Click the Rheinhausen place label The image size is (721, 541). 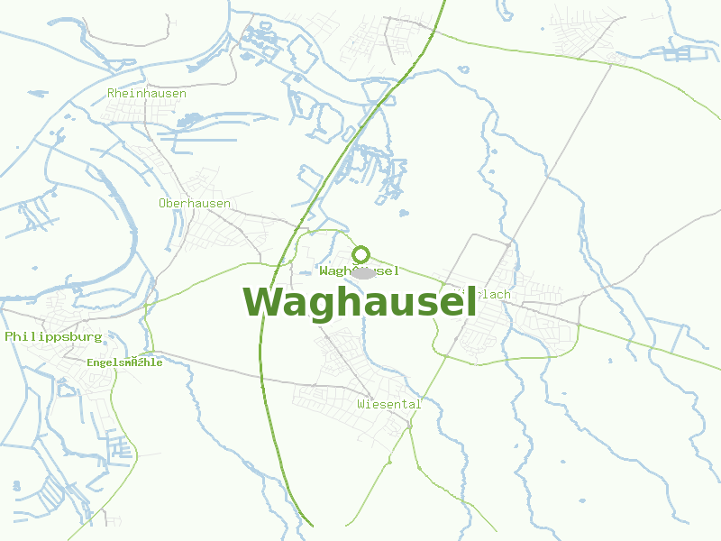(147, 93)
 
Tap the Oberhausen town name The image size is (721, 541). (195, 203)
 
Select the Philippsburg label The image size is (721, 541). (54, 336)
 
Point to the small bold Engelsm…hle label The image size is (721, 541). (125, 362)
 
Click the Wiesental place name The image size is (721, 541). (388, 404)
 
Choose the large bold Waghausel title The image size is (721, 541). (360, 302)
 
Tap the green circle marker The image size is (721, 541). (360, 254)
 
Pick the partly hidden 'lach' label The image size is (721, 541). (493, 294)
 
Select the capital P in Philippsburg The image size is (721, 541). (9, 336)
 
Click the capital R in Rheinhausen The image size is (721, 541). (111, 93)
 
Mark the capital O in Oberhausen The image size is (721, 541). (162, 203)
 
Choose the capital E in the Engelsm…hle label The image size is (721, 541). (90, 362)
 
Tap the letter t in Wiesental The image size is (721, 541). (403, 404)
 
